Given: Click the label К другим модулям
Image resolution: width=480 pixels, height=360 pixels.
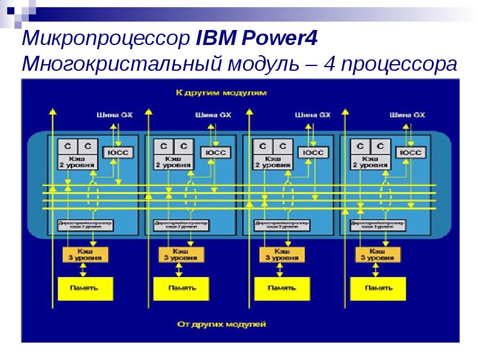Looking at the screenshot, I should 221,94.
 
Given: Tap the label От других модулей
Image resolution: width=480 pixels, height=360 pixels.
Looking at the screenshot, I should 221,325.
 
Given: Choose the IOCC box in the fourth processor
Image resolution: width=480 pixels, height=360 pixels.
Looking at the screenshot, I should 411,152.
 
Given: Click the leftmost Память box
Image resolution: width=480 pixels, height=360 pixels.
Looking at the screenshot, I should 86,289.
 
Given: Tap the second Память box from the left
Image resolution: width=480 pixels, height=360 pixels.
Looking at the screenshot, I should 182,289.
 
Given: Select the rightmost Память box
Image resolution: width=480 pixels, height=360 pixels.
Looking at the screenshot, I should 379,289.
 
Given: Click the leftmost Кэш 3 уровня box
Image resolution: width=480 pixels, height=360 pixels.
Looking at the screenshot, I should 86,254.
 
